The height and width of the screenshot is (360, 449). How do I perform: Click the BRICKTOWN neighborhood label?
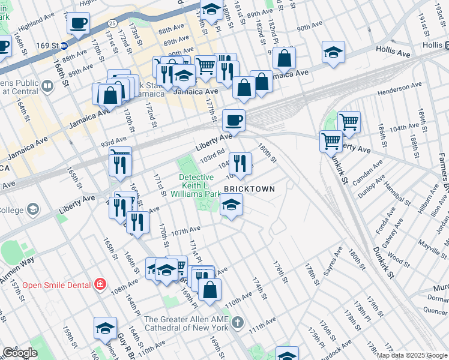coord(249,189)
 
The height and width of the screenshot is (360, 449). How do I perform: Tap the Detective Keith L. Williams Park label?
coord(196,185)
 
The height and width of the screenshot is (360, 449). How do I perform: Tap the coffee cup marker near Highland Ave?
coord(79,24)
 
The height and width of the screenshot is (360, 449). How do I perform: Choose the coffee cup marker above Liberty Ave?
coord(234,121)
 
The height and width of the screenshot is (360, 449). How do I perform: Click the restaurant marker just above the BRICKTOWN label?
coord(240,163)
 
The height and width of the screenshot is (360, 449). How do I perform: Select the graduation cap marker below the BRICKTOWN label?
coord(231,205)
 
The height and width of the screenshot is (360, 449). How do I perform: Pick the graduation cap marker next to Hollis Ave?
coord(333,52)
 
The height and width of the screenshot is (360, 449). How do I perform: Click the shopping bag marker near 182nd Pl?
coord(285,58)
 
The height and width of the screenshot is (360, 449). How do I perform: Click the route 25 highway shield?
coord(113,23)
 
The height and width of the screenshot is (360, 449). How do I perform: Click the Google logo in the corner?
coord(20,353)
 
